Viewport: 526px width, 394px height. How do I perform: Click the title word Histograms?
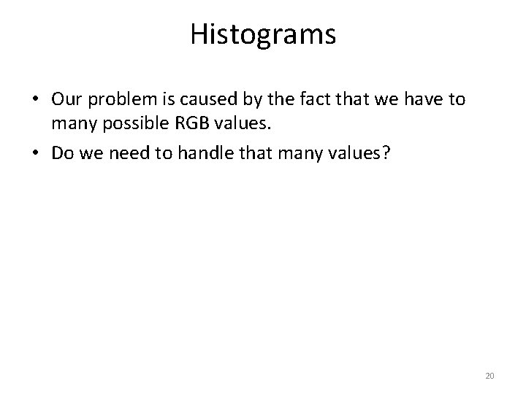263,35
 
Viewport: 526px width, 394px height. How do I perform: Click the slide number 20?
490,376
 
